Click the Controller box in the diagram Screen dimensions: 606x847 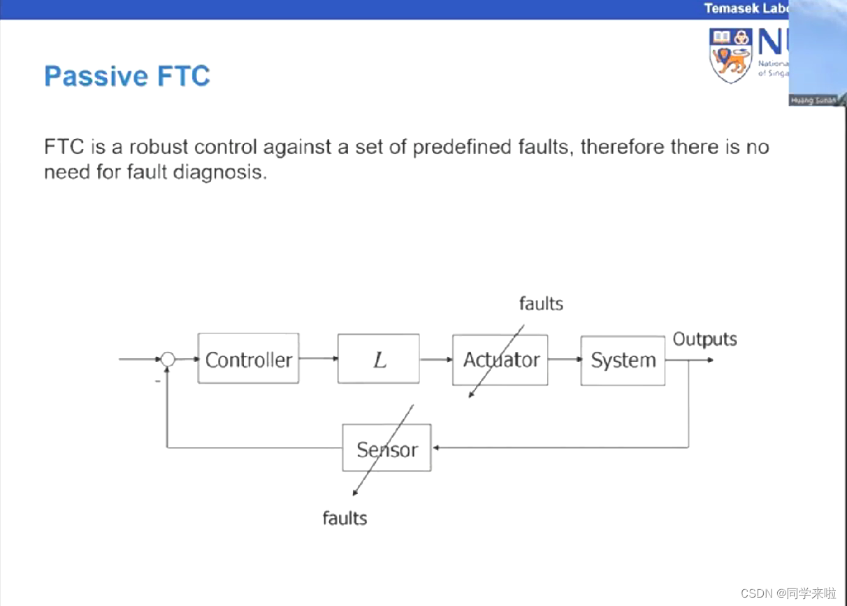pos(248,359)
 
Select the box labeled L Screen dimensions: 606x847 pos(378,359)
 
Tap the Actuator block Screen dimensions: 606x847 pos(500,359)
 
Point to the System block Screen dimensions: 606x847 pos(623,360)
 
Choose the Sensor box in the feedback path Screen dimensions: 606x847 pos(386,448)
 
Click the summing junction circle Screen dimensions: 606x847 pos(168,359)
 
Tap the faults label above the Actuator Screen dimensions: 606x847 pos(541,303)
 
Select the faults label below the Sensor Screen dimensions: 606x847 pos(345,518)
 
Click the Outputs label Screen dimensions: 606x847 pos(704,340)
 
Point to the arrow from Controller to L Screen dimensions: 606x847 pos(318,359)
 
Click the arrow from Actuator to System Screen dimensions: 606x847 pos(564,359)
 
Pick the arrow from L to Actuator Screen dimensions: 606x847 pos(436,359)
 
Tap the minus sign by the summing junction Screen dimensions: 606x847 pos(157,382)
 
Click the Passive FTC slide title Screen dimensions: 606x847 pos(126,76)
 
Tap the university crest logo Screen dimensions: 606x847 pos(730,55)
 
